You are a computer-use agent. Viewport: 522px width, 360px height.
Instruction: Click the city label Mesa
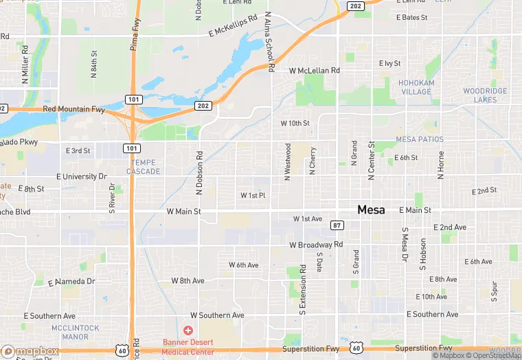371,210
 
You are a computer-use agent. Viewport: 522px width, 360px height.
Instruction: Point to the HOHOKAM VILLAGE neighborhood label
416,87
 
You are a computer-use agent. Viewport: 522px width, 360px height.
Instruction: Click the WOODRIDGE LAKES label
485,95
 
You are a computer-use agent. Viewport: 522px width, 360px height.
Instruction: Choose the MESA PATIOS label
420,139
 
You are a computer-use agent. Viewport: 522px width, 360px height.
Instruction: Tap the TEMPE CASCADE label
144,167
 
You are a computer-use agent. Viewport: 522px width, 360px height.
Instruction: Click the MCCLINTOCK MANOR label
75,333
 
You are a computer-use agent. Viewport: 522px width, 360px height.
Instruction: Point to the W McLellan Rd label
315,70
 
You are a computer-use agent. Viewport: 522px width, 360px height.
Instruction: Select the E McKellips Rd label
233,26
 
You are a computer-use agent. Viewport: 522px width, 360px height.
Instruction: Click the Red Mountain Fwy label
73,109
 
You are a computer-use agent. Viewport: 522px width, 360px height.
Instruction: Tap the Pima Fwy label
135,49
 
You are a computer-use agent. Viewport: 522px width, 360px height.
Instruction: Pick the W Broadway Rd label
316,245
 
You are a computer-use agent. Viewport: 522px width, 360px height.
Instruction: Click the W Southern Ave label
217,315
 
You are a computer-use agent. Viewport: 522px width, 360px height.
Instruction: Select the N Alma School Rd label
269,42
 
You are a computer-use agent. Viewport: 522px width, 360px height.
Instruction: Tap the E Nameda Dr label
71,282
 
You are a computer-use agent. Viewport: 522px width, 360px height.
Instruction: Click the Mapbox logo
30,351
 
